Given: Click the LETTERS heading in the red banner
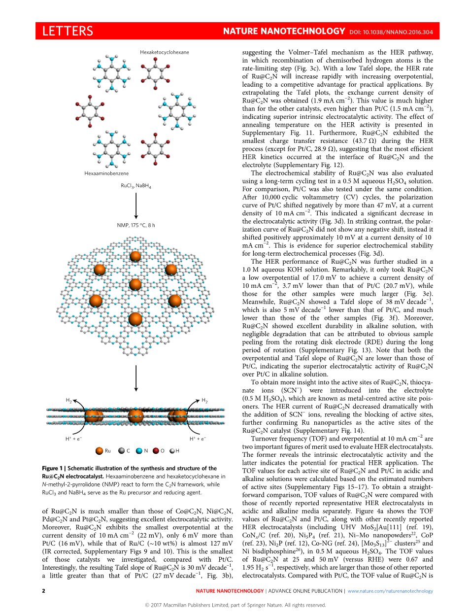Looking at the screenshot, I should pos(67,31).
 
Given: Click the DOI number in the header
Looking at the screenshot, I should pos(391,32).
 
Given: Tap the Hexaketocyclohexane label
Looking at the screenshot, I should pos(164,52).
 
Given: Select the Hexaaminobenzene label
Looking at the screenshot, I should pos(106,173).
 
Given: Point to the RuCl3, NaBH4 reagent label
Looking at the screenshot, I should pos(136,186).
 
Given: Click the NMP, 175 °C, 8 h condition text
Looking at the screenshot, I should pos(136,225).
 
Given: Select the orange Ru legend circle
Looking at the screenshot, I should pos(99,451).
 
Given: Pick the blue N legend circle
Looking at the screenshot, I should pos(139,451).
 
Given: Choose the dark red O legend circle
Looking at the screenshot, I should pos(156,451).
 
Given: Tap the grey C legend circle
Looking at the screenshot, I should pos(121,451).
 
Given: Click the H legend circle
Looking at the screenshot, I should pos(172,451).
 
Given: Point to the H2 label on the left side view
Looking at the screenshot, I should pos(68,400).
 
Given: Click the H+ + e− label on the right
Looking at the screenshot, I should pos(198,438).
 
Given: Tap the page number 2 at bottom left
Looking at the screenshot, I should pos(43,591).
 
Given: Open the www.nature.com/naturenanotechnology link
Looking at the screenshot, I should pos(390,591).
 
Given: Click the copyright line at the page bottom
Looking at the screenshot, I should pos(235,605).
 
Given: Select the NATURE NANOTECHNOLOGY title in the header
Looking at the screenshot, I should pos(284,31).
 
